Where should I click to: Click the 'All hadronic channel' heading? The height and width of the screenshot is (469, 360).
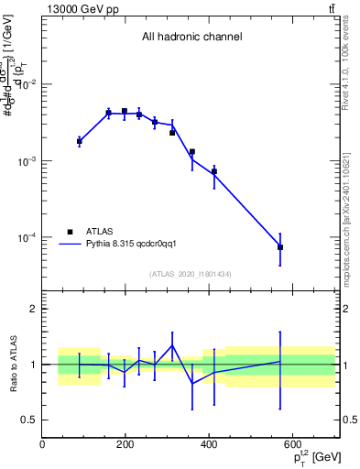[191, 38]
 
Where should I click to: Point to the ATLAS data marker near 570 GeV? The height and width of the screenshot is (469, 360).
[280, 247]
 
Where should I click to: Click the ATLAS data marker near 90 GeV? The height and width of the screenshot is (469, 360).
[80, 141]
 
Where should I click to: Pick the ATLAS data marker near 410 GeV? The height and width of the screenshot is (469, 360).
[214, 171]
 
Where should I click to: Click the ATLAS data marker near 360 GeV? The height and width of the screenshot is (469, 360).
[192, 152]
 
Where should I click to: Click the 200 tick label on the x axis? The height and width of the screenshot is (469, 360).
[125, 445]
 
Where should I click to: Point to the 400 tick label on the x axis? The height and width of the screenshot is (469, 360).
[209, 445]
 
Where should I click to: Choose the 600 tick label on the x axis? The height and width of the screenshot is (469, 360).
[292, 445]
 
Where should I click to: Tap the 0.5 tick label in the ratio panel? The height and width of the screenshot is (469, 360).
[27, 420]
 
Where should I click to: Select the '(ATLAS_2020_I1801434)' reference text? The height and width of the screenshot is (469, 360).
[191, 274]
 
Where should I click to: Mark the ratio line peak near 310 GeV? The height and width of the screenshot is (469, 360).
[172, 345]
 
